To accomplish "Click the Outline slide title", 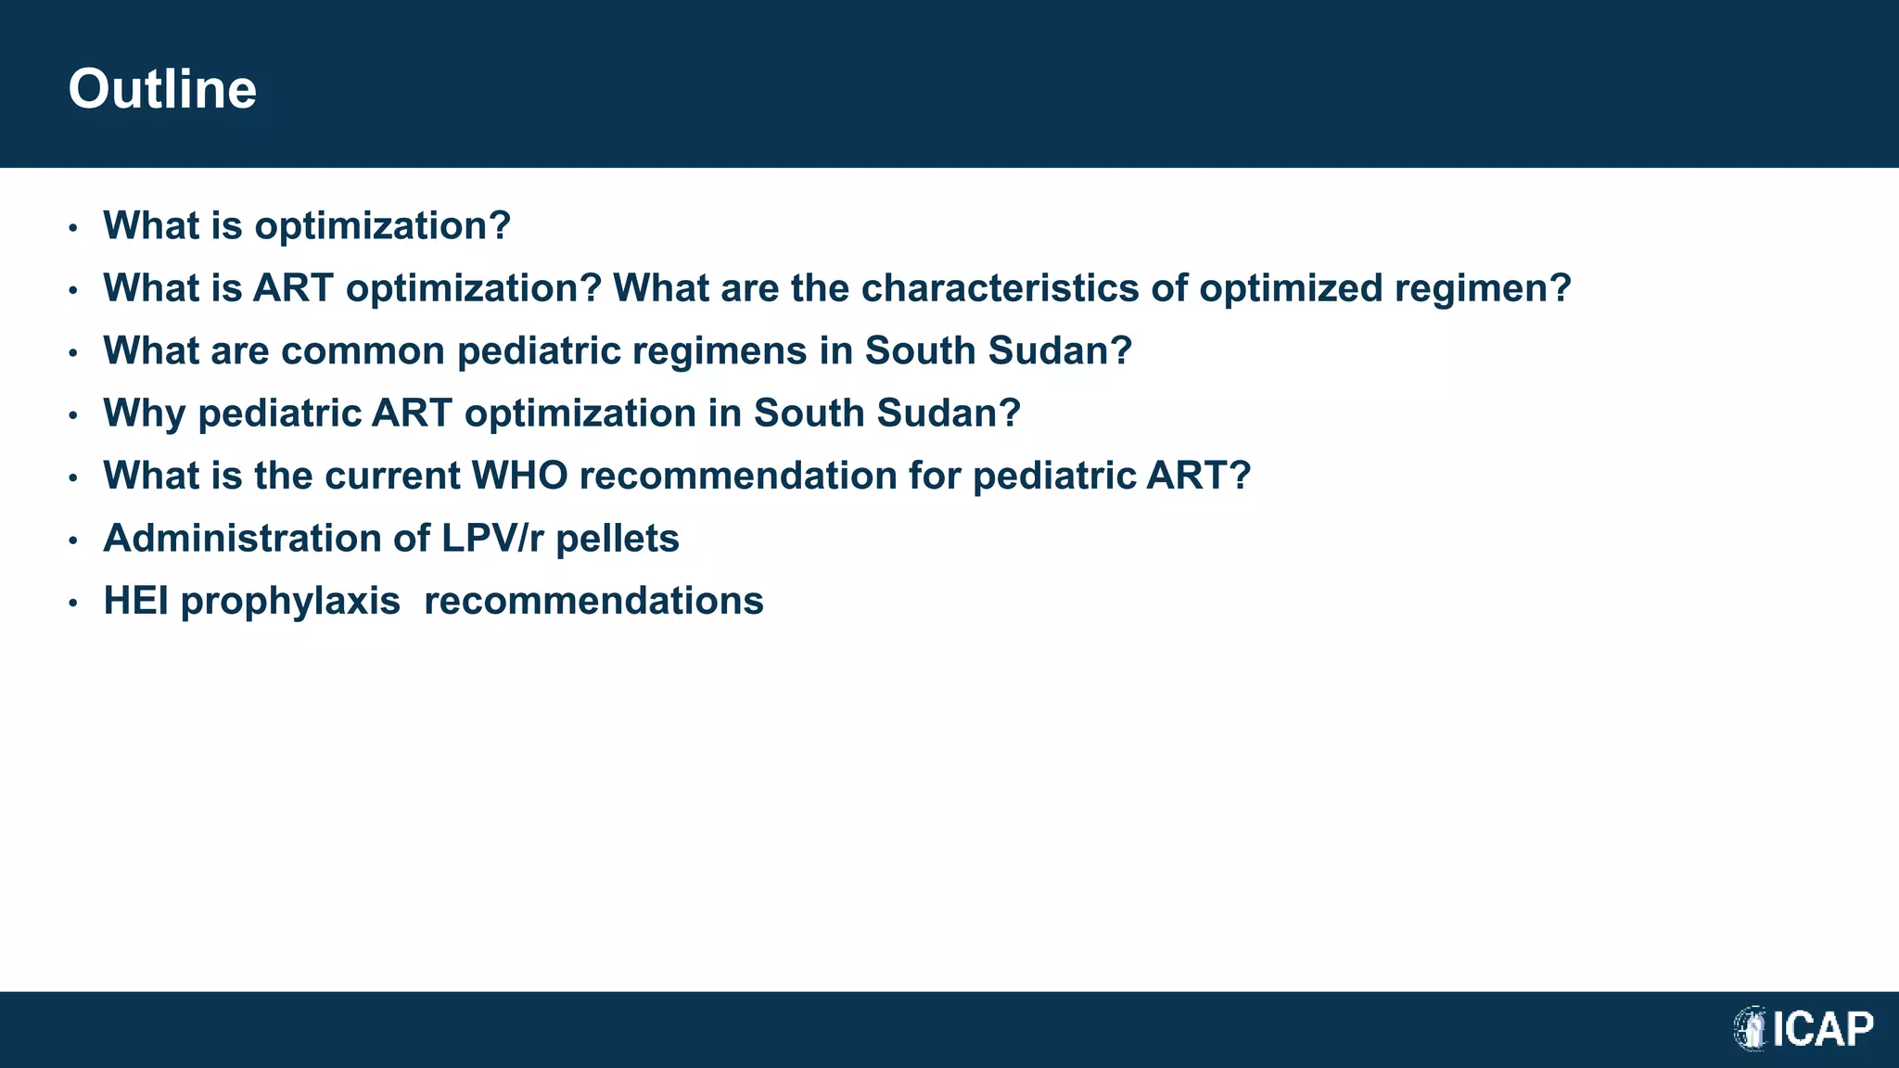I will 162,89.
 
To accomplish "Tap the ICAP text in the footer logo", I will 1823,1029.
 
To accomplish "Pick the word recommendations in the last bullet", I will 593,601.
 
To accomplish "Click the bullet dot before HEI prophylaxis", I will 73,604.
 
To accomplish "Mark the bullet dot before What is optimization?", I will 73,228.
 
